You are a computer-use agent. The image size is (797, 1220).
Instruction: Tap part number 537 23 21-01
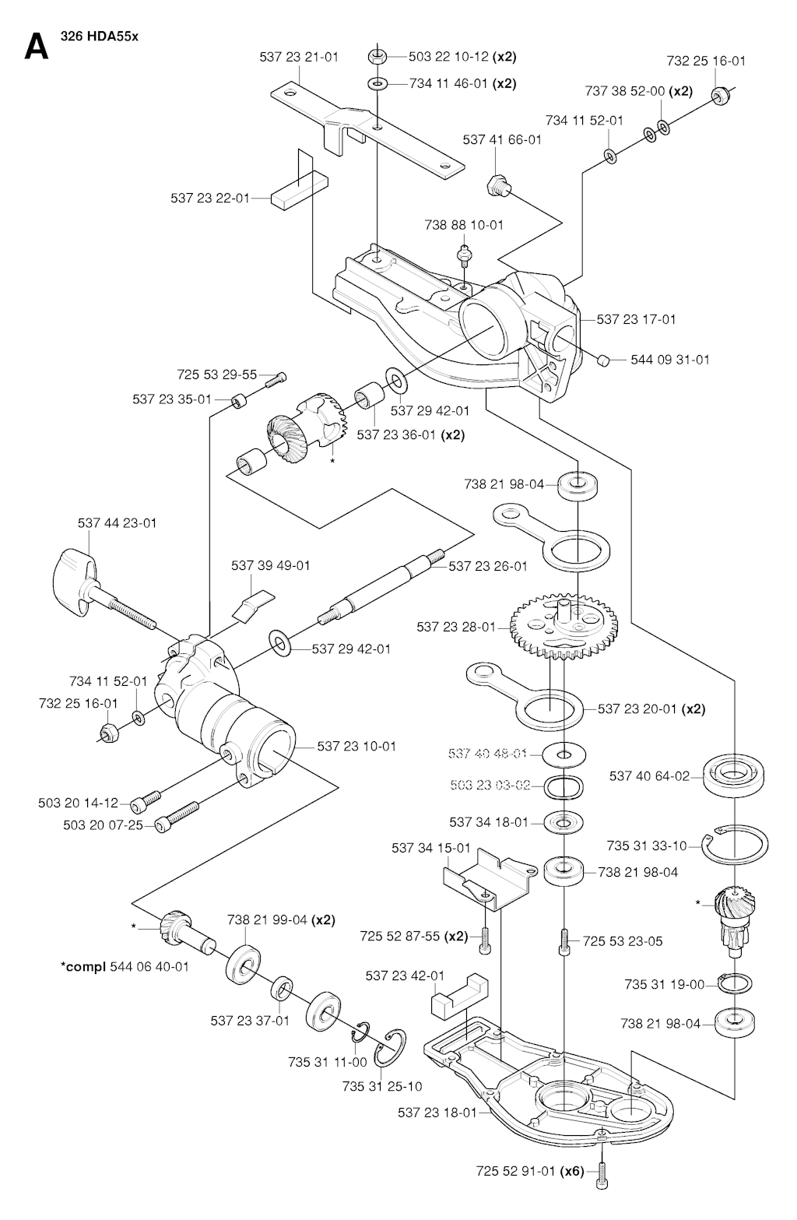tap(298, 57)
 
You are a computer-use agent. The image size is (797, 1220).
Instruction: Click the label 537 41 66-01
tap(501, 140)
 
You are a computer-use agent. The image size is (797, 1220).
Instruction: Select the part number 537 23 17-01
tap(637, 319)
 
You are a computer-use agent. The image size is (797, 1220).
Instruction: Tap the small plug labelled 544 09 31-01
tap(602, 359)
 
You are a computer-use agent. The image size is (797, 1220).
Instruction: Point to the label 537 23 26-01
tap(488, 566)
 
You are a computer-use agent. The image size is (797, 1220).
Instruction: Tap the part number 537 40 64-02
tap(649, 775)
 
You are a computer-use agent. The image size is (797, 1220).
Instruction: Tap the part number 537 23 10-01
tap(356, 746)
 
